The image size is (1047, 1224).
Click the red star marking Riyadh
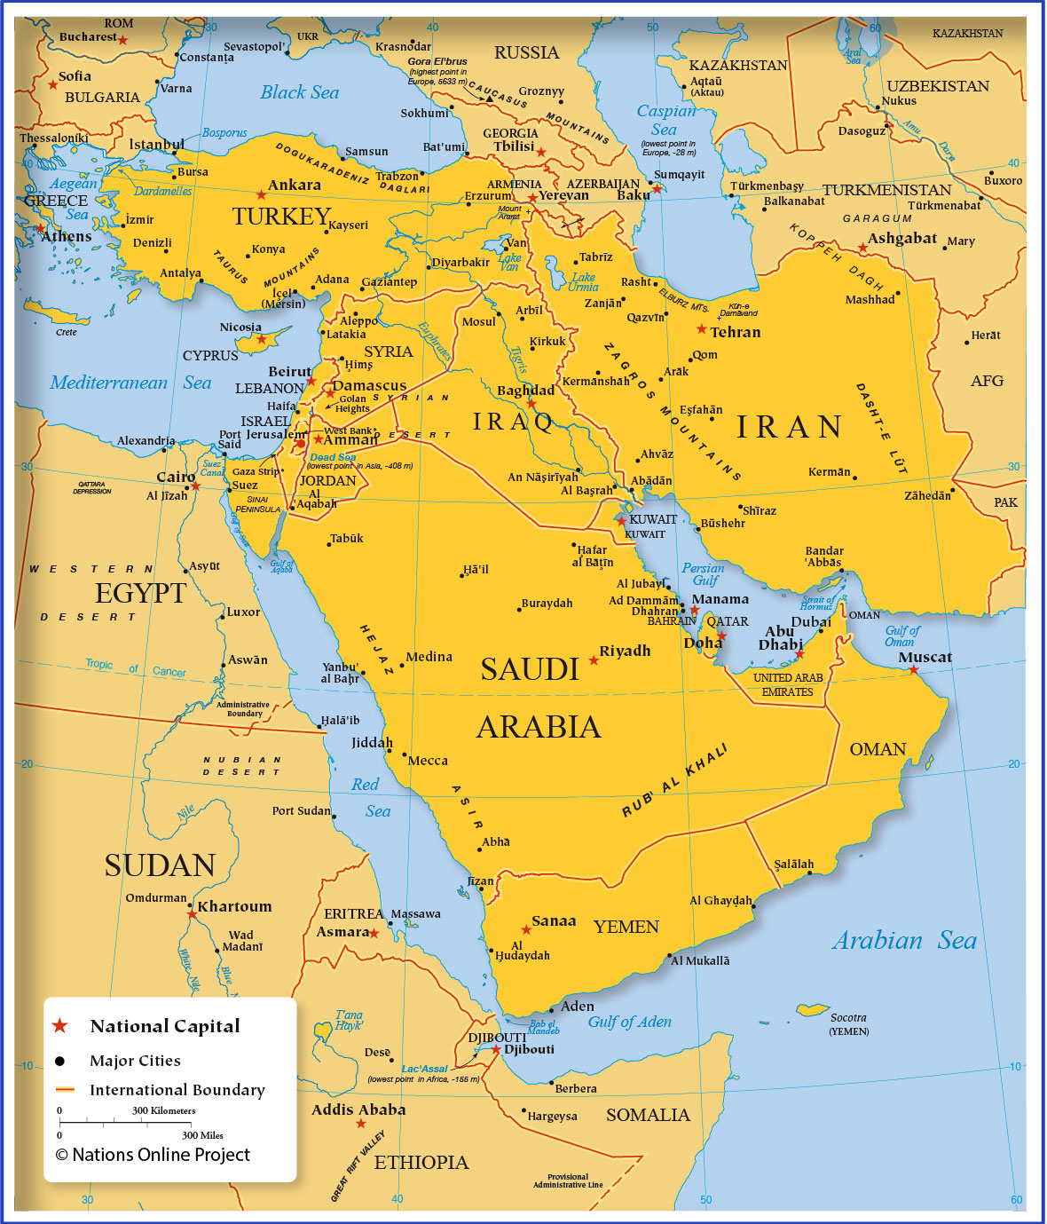594,660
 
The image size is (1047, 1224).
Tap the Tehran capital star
701,329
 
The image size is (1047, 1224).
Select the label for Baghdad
525,390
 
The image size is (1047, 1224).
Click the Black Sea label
299,92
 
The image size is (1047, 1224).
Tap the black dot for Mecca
403,754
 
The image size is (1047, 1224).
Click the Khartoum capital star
192,913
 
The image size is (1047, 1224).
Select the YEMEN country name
626,927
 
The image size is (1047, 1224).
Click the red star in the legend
59,1026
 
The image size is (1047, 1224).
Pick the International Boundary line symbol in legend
65,1089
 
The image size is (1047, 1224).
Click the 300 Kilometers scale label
163,1110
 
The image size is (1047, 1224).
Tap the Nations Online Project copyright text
153,1155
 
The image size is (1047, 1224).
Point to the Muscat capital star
913,669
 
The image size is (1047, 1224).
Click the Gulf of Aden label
629,1022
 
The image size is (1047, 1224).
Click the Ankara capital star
261,194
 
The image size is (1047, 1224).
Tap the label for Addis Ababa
358,1109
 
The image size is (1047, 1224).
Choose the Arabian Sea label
903,941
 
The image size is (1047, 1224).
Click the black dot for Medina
401,665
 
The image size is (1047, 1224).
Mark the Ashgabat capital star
862,249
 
